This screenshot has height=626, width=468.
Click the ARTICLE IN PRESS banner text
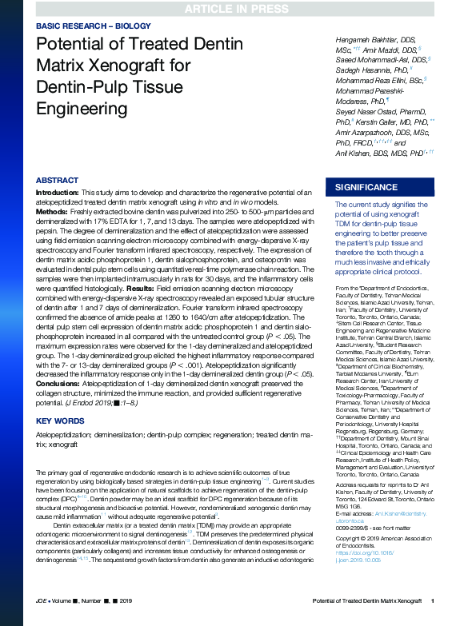[x=234, y=9]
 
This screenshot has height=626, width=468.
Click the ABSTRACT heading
[x=58, y=181]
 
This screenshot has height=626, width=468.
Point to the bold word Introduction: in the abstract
[x=58, y=193]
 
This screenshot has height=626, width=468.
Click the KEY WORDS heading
[x=61, y=420]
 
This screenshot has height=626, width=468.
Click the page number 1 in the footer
[x=432, y=621]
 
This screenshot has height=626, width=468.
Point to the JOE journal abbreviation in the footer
[x=42, y=621]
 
